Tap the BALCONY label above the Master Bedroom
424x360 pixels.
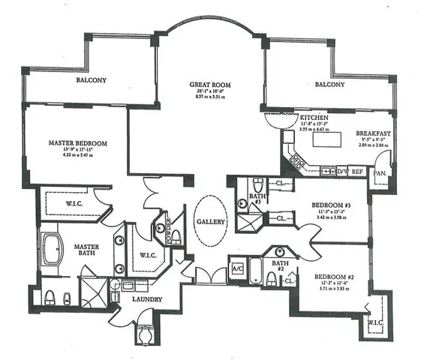91,79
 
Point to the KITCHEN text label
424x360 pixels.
313,118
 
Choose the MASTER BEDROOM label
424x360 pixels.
77,142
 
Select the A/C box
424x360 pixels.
237,268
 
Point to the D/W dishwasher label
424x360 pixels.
343,171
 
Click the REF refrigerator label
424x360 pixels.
358,171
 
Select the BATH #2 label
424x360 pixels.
279,266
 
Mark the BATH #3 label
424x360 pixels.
254,199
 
